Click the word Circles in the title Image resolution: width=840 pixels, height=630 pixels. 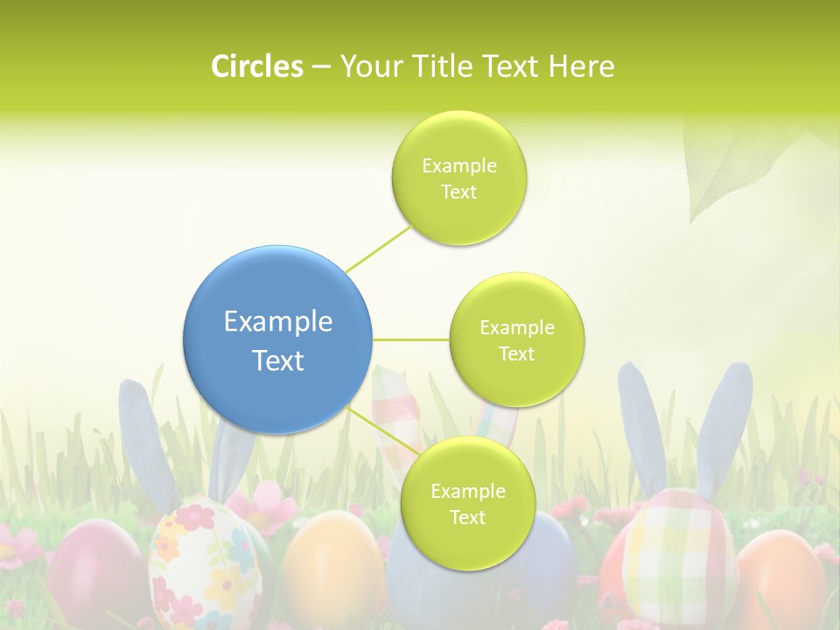click(256, 66)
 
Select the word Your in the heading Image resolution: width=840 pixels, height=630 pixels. click(368, 66)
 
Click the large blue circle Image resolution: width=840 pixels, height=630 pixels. click(277, 339)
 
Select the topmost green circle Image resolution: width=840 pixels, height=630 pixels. click(458, 178)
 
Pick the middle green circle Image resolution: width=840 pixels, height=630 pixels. click(516, 339)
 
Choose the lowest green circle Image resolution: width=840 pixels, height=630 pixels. click(467, 504)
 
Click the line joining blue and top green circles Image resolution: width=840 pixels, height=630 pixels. click(378, 248)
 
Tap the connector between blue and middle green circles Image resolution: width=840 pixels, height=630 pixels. click(410, 339)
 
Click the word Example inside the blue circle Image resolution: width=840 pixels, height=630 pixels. click(277, 322)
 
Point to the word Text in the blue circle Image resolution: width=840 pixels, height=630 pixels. click(277, 360)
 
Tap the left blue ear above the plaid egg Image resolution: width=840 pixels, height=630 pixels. click(642, 429)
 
